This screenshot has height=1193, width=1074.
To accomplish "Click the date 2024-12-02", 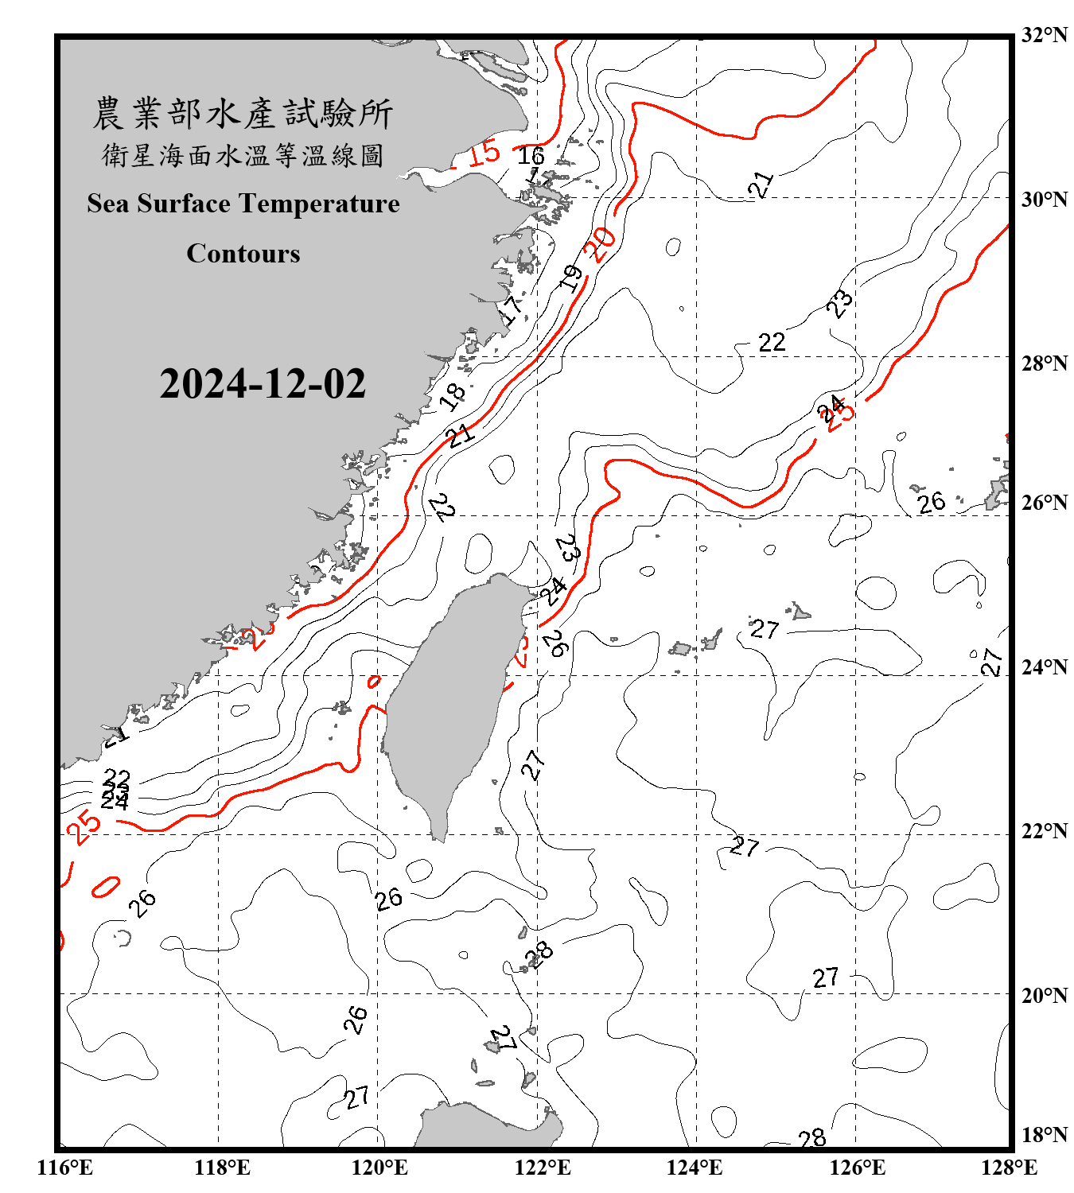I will [263, 383].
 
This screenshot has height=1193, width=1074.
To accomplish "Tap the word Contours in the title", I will [243, 254].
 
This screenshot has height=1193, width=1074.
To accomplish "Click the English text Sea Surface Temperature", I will [243, 204].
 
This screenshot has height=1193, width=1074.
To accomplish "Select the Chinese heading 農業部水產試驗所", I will [243, 114].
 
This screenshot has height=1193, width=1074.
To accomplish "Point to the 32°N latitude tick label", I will [1044, 35].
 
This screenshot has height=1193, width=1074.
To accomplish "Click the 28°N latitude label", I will [1044, 363].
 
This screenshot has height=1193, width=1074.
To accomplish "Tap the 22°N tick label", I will [1044, 831].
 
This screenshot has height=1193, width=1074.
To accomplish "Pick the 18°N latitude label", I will [1044, 1135].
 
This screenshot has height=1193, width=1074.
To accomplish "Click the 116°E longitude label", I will [65, 1168].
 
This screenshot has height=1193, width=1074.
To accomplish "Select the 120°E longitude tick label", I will [379, 1168].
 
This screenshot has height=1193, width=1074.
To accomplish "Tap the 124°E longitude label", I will [695, 1168].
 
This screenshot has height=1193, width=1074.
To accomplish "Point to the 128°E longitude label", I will [1009, 1168].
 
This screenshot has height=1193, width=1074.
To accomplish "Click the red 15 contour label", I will [484, 152].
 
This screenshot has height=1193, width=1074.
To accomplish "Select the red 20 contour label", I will [600, 244].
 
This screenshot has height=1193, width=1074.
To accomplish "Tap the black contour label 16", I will [531, 156].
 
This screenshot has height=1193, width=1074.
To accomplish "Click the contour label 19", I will [571, 278].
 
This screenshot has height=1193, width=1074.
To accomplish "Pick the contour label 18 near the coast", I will [453, 395].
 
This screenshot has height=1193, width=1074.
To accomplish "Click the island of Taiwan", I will [449, 700].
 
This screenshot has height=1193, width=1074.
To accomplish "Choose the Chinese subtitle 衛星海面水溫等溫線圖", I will [243, 155].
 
